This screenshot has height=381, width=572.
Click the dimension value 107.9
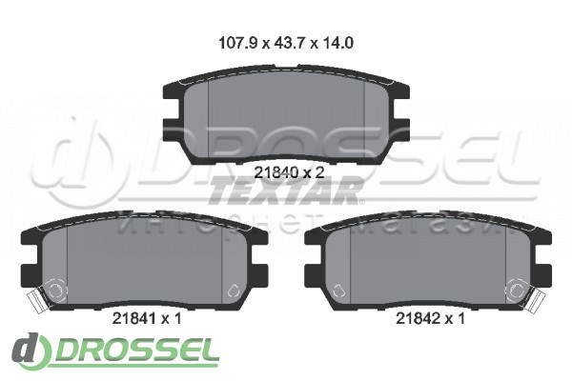pos(238,43)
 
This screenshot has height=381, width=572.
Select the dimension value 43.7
pos(289,43)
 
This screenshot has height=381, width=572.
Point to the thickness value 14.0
pos(337,43)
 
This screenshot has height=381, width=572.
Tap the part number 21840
pos(276,172)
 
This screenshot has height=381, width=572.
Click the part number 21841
pos(134,319)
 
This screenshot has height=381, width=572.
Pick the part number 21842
pos(419,319)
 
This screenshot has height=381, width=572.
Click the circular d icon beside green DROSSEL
pos(31,350)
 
